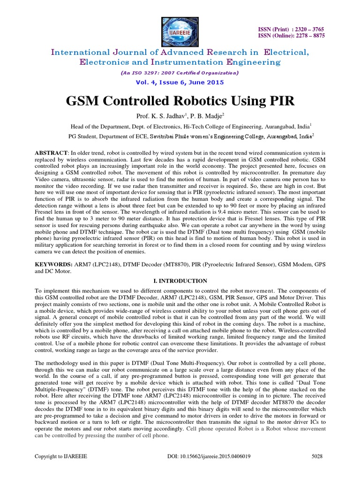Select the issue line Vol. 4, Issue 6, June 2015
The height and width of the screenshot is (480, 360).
180,82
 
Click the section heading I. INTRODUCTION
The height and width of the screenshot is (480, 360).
180,281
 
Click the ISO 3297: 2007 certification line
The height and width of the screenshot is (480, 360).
180,73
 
